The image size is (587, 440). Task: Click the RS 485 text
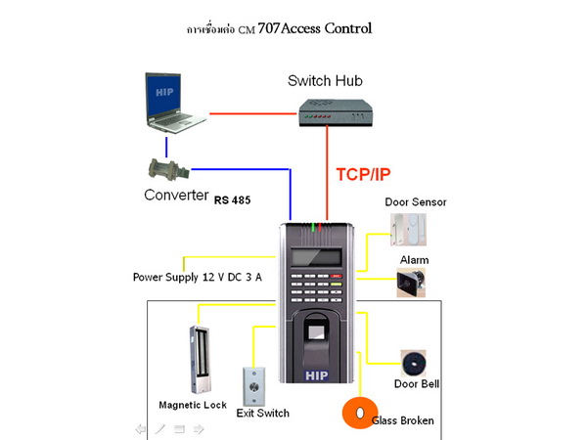(x=233, y=200)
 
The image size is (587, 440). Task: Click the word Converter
(x=176, y=195)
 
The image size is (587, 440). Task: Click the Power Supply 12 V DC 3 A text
(x=197, y=277)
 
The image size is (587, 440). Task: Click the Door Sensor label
(x=415, y=202)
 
